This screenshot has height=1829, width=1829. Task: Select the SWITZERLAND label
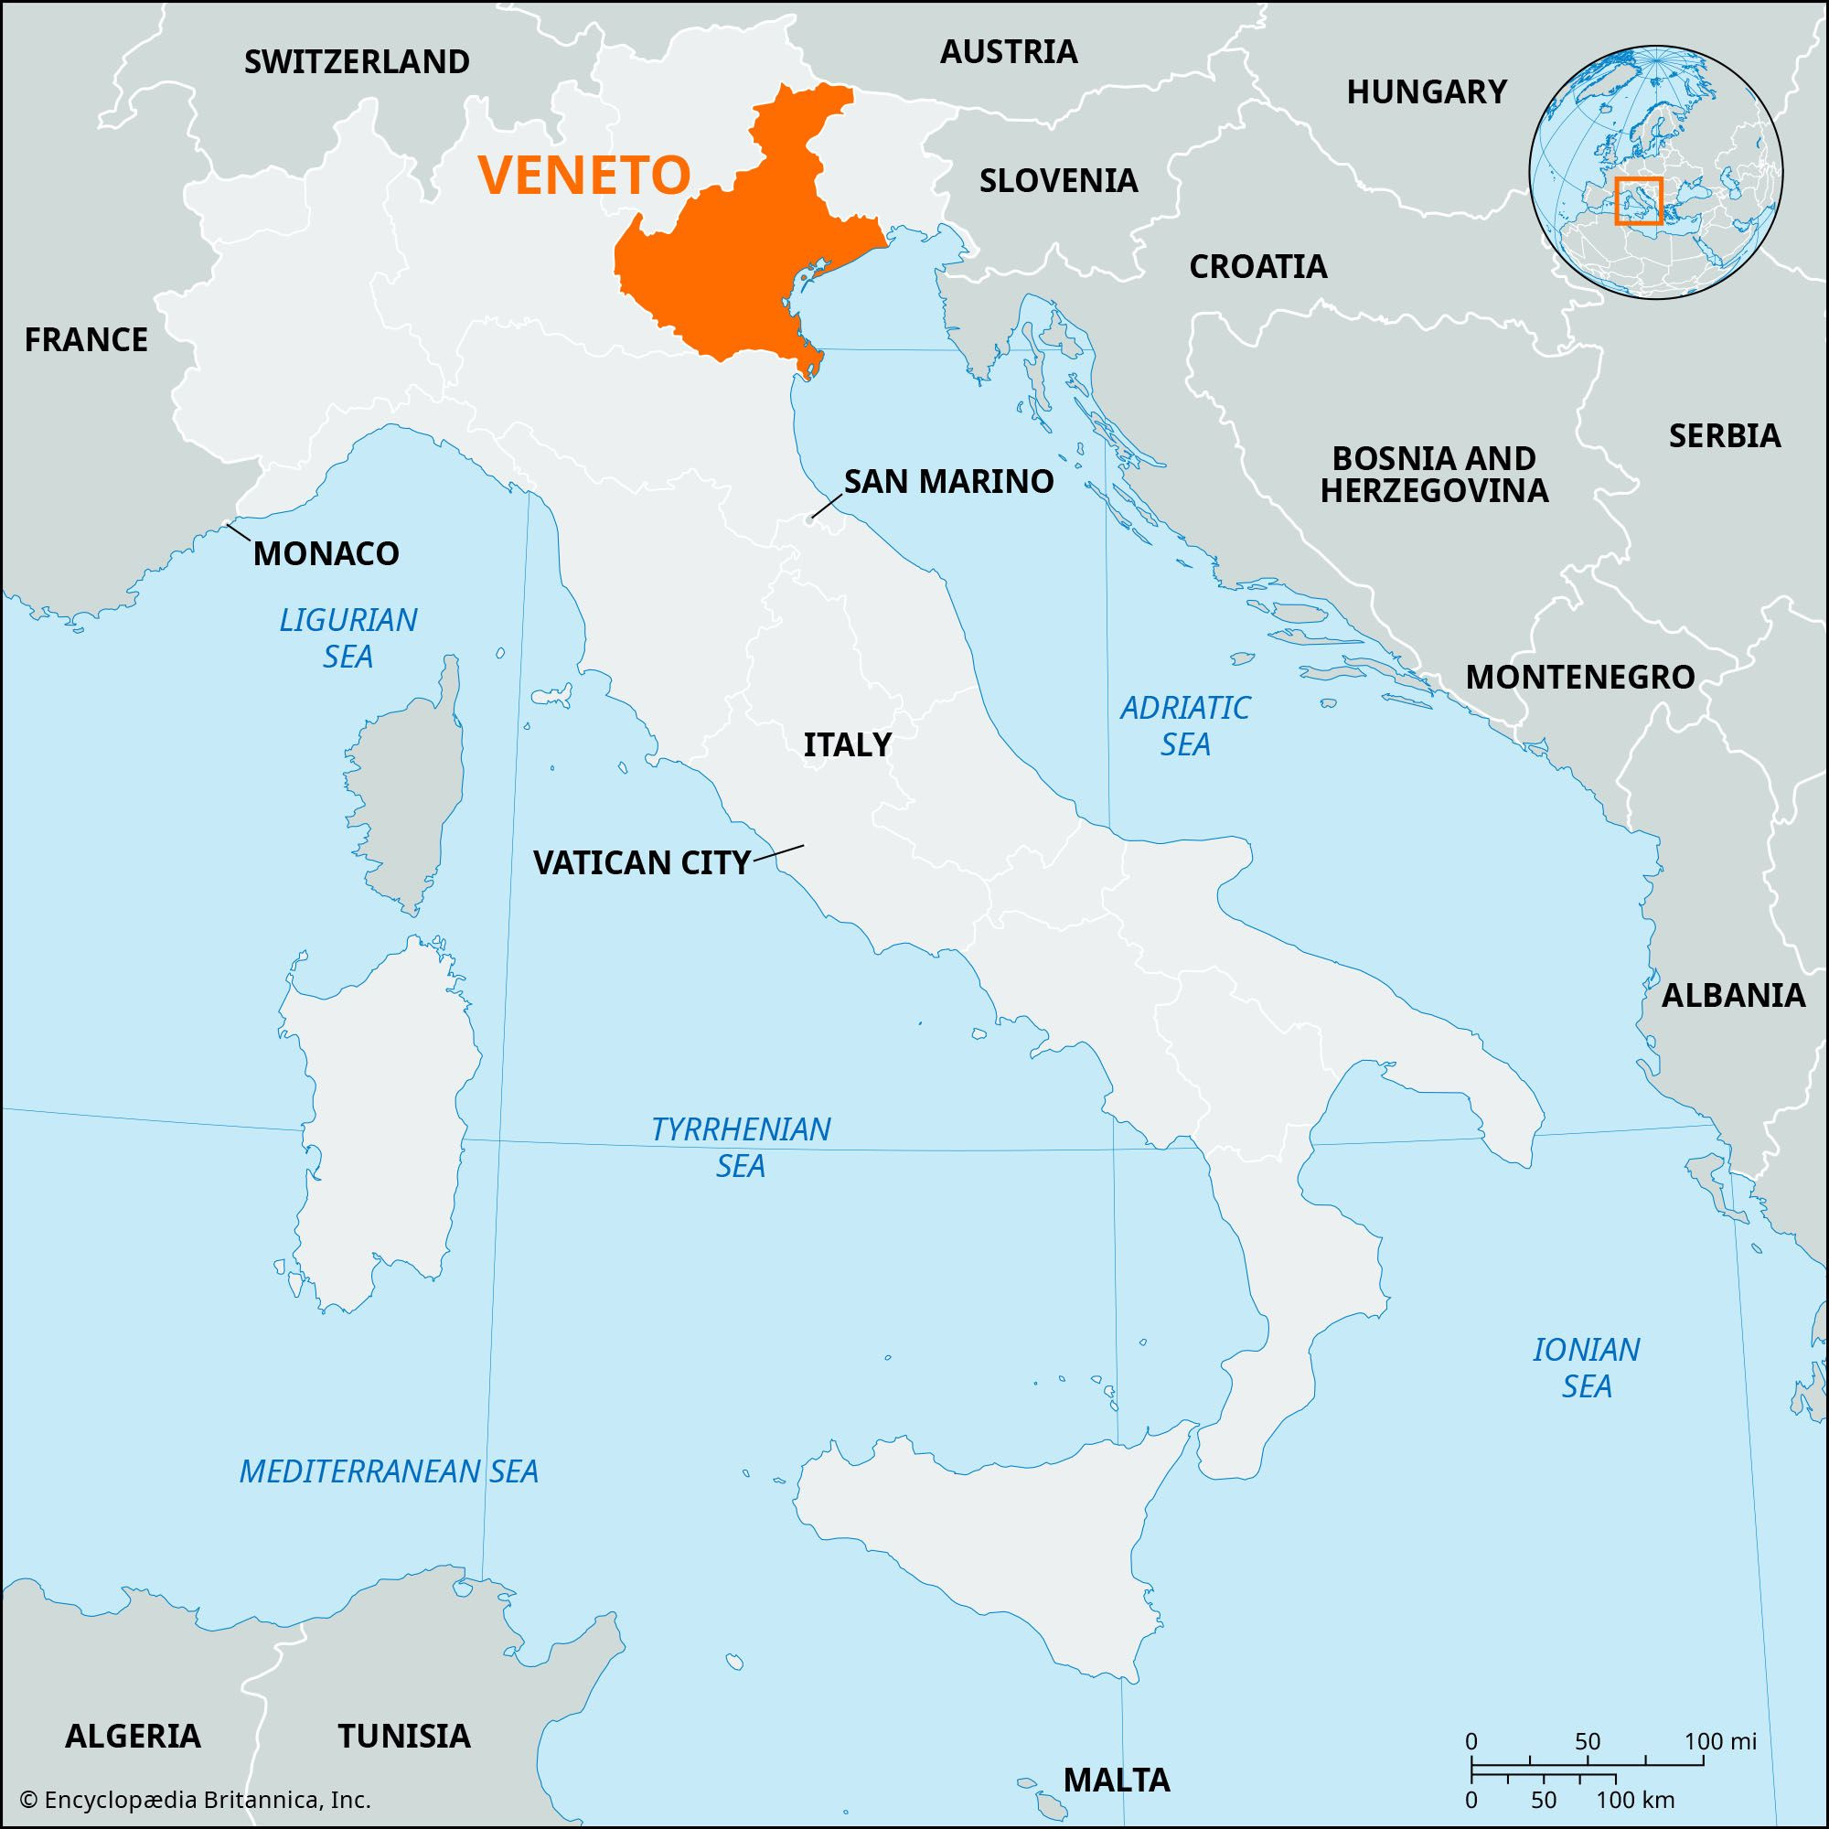coord(357,62)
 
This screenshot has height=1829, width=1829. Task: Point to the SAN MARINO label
coord(948,482)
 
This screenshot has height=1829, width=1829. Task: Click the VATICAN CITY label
coord(642,862)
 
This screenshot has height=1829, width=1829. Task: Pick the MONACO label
coord(326,554)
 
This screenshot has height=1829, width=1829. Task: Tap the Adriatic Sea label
coord(1185,725)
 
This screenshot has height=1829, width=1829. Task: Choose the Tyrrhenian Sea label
coord(741,1147)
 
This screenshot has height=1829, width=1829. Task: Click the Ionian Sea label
coord(1587,1367)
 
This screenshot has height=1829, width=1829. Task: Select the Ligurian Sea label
coord(348,638)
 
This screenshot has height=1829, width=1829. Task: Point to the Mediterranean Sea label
coord(388,1471)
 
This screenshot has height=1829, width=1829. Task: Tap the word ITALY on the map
coord(848,745)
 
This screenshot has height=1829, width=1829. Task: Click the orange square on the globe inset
coord(1639,200)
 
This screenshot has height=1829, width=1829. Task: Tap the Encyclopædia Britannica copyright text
coord(195,1800)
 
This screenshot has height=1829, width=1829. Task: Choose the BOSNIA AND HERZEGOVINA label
coord(1433,475)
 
